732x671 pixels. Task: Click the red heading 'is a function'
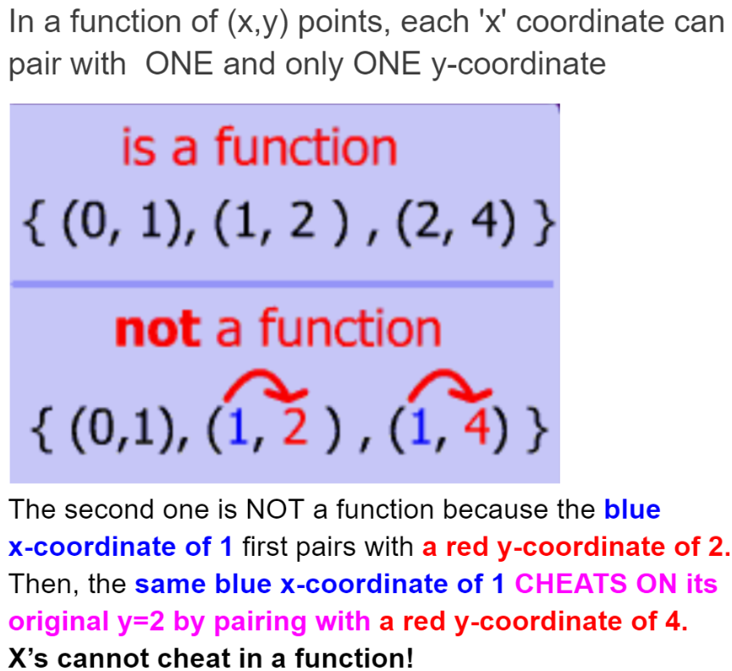point(259,147)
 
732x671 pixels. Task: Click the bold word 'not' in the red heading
point(157,328)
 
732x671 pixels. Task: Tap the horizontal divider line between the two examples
point(283,284)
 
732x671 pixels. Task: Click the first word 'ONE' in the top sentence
point(179,63)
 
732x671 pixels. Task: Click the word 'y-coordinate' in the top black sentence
point(518,64)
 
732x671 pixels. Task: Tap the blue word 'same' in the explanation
point(170,584)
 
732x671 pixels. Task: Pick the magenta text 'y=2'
point(141,622)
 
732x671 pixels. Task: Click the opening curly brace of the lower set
point(41,428)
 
